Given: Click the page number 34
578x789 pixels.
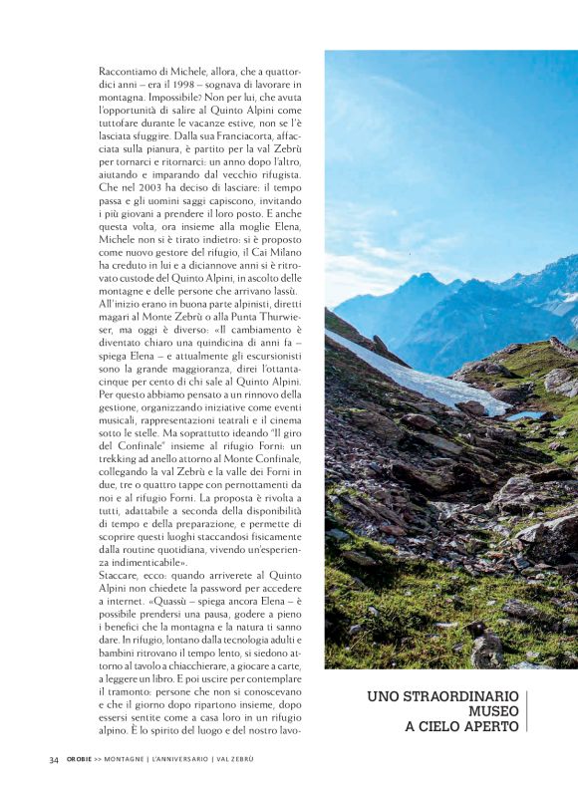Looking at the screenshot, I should (x=54, y=759).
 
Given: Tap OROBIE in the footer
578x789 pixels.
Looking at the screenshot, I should (x=80, y=759).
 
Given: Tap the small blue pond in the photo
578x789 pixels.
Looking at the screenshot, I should (x=524, y=414).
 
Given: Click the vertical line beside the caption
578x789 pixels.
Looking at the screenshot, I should (x=527, y=711).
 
